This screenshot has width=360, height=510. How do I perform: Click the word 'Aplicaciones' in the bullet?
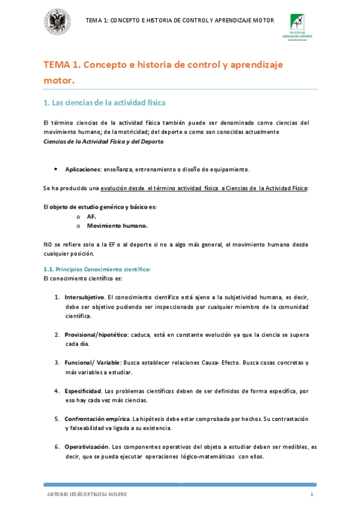coord(83,169)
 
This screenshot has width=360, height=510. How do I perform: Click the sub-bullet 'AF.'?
coord(91,216)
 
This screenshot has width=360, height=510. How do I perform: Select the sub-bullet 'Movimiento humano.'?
coord(117,226)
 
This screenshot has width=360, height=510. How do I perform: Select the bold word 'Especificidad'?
coord(83,391)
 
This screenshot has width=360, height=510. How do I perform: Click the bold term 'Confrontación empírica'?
coord(97,419)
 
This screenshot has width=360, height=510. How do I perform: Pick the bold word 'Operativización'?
coord(87,447)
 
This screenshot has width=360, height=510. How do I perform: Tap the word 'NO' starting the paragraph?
coord(49,244)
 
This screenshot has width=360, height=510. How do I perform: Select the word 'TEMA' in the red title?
coord(57,64)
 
